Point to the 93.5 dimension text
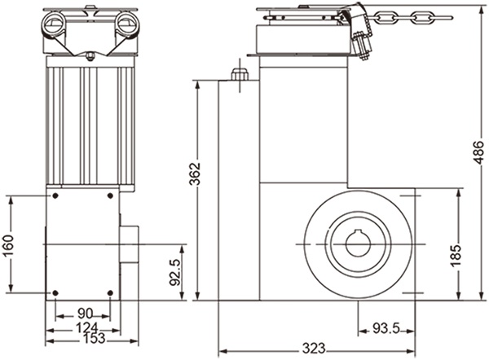point(387,330)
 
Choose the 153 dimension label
point(83,337)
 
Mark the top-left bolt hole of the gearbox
point(55,196)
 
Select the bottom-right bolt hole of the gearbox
point(110,292)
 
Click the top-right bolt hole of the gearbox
point(110,196)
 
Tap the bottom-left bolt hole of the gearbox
point(55,292)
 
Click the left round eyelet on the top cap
point(58,20)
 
